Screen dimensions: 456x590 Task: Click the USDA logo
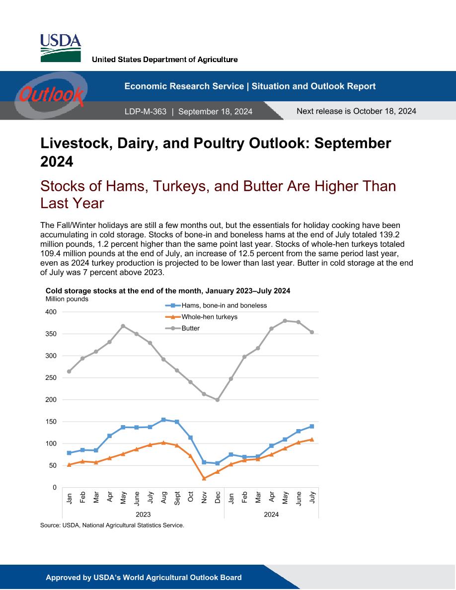coord(61,48)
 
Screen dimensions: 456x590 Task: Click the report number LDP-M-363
coord(145,112)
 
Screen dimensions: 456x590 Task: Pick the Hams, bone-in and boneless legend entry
coord(216,305)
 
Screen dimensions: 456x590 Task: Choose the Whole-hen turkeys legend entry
coord(202,317)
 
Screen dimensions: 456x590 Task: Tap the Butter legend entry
coord(183,328)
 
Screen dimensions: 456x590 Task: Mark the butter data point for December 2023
coord(218,400)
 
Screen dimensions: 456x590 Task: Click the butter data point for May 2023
coord(123,326)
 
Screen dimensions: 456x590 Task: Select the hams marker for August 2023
coord(163,420)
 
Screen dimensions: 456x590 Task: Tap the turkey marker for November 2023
coord(204,478)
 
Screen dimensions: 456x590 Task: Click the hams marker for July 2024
coord(312,426)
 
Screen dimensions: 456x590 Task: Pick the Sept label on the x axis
coord(177,498)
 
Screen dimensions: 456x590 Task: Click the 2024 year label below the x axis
coord(271,515)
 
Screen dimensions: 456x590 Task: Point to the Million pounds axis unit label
coord(67,299)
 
